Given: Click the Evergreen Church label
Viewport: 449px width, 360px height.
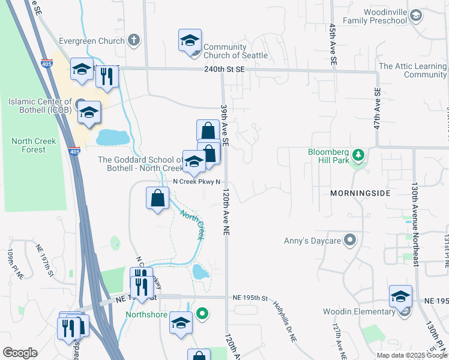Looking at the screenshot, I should (x=92, y=41).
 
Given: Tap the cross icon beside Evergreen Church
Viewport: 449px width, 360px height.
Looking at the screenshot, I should (x=134, y=41).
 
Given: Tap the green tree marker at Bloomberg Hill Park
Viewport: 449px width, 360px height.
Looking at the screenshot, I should (x=358, y=155).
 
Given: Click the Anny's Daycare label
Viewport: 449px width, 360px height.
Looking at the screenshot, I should (x=312, y=241).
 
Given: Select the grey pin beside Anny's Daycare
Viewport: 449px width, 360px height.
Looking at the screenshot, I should (x=351, y=241).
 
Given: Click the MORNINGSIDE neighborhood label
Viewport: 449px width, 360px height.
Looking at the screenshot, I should (x=360, y=193).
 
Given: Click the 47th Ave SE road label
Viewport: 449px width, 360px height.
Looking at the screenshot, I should (x=377, y=109).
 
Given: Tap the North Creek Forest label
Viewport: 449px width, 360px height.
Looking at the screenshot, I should (x=34, y=146).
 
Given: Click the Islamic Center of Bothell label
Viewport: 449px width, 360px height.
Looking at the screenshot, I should (x=40, y=106).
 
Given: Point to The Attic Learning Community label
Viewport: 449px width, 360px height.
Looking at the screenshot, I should (x=413, y=70).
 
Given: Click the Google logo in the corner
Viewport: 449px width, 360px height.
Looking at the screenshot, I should (x=20, y=353).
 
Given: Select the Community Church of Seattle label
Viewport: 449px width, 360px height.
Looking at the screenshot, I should (x=235, y=52).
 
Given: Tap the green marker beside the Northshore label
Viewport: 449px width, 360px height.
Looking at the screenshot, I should (x=203, y=313).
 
